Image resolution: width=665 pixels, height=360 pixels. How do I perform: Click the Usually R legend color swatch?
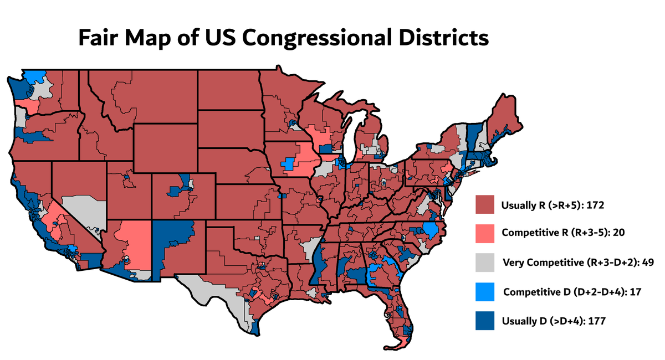[485, 204]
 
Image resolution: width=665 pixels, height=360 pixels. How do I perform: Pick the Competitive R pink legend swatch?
[485, 233]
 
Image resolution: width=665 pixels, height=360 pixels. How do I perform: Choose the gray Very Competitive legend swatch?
[485, 262]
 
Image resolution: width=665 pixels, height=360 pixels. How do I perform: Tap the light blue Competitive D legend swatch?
[485, 291]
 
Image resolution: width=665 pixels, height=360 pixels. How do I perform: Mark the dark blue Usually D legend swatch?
[485, 321]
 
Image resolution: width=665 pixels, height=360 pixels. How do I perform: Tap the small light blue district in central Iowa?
[289, 163]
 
